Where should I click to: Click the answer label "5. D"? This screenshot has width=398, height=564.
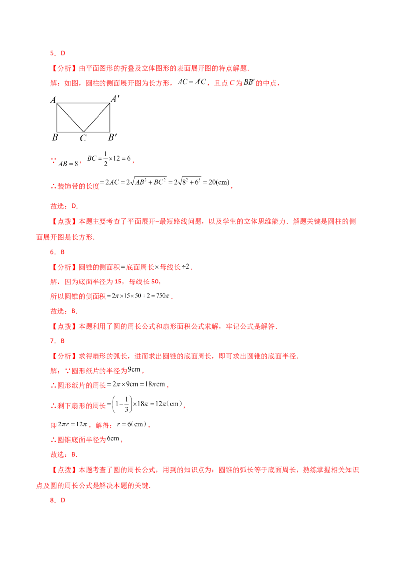(x=58, y=53)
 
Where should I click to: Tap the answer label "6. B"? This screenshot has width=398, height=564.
(x=57, y=252)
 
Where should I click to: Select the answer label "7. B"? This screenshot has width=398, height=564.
(x=57, y=341)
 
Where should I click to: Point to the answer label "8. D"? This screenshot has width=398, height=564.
(x=58, y=500)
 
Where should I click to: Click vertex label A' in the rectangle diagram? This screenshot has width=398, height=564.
(x=115, y=98)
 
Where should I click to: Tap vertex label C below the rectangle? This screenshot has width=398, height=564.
(x=83, y=138)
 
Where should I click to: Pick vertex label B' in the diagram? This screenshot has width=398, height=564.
(x=113, y=137)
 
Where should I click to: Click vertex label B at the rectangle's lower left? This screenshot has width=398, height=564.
(x=55, y=137)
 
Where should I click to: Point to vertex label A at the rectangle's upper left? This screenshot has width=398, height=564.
(x=53, y=100)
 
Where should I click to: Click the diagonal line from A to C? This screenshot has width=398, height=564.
(x=70, y=117)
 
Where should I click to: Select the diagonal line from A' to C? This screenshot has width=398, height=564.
(x=97, y=117)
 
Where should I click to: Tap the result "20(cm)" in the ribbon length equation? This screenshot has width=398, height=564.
(x=219, y=182)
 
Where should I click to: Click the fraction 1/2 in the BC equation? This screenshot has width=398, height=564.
(x=105, y=158)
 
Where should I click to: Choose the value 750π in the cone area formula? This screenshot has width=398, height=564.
(x=163, y=296)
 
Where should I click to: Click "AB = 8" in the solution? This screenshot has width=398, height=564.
(x=68, y=163)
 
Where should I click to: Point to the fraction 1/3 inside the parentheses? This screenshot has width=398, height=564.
(x=126, y=404)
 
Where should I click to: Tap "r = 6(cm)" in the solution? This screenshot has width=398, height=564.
(x=132, y=424)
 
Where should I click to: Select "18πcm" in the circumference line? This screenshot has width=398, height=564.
(x=155, y=384)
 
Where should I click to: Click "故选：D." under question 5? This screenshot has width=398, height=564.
(x=64, y=206)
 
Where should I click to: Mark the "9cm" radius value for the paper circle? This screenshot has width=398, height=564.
(x=134, y=369)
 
